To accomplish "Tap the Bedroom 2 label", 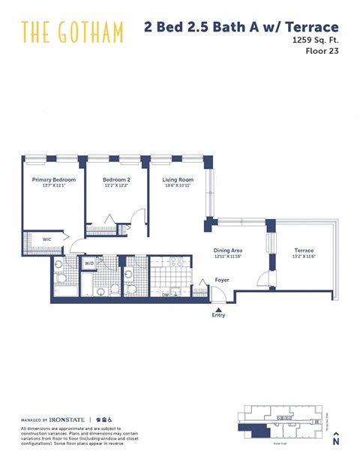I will pyautogui.click(x=116, y=180).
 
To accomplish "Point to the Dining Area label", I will pyautogui.click(x=226, y=251).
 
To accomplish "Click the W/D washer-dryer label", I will pyautogui.click(x=89, y=263).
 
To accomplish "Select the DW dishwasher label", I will pyautogui.click(x=165, y=295).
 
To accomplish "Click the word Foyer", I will pyautogui.click(x=222, y=280).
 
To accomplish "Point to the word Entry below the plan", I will pyautogui.click(x=218, y=315).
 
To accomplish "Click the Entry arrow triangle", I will pyautogui.click(x=218, y=307).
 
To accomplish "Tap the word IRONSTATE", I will pyautogui.click(x=67, y=419).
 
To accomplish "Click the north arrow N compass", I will pyautogui.click(x=336, y=439).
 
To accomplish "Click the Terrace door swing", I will pyautogui.click(x=263, y=279).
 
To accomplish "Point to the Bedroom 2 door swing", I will pyautogui.click(x=137, y=218).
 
